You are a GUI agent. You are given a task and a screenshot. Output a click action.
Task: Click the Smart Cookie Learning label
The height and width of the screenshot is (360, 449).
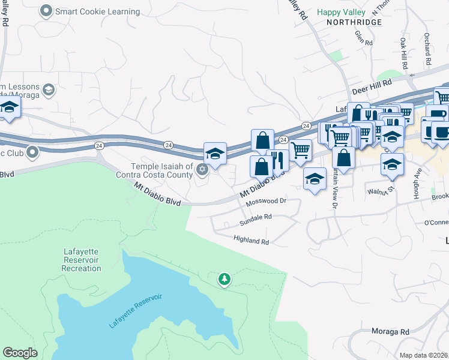coord(97,11)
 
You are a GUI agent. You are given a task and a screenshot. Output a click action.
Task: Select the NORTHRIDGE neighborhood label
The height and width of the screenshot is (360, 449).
coord(354,22)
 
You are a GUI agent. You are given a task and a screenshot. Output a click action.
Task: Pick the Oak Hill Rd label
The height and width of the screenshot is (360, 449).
coord(403,55)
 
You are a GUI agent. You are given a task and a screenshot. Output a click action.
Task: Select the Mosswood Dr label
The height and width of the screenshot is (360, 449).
coord(267,201)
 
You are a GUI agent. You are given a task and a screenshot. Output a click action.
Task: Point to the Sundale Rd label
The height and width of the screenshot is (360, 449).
coord(256,217)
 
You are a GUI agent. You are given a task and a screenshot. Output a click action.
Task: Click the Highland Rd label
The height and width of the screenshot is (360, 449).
coord(251,241)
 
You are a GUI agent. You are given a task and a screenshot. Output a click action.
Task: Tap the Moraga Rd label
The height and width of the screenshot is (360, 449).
coord(392,331)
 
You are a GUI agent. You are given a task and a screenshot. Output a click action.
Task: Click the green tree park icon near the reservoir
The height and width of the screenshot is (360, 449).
coord(224,279)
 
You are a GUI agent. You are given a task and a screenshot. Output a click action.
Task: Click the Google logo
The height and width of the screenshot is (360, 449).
coord(20,353)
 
